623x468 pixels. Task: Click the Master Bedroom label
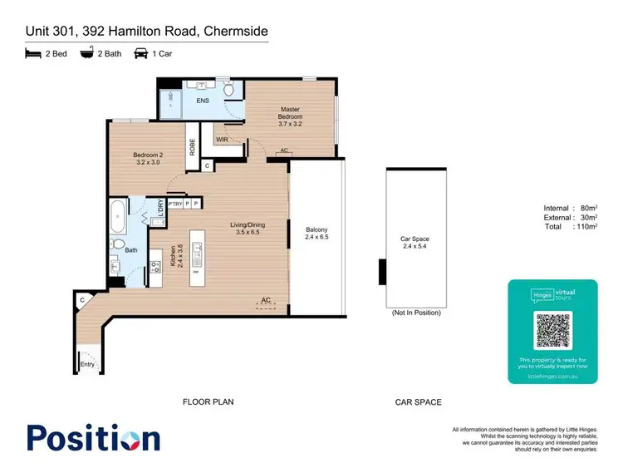(x=290, y=114)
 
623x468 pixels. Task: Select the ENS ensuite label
(x=203, y=101)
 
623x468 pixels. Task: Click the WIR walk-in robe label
(x=222, y=140)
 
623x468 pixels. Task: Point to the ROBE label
(x=192, y=147)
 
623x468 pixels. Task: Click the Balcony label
(x=316, y=234)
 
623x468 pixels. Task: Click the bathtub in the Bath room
(x=116, y=217)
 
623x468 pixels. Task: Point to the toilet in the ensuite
(x=229, y=88)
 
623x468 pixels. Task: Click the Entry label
(x=87, y=364)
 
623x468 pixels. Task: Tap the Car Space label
(x=415, y=243)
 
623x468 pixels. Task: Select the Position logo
(x=93, y=438)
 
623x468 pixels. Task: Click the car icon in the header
(x=140, y=53)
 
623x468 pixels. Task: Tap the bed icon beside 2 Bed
(x=32, y=53)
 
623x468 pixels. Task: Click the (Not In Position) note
(x=415, y=313)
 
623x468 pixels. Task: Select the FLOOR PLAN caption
(x=208, y=402)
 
